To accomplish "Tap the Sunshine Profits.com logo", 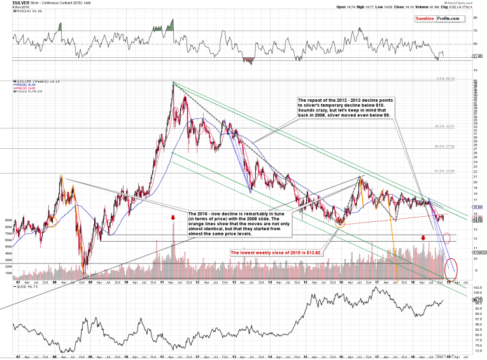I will click(439, 19).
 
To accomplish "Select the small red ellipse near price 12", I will click(447, 239).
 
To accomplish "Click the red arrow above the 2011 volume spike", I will click(173, 219).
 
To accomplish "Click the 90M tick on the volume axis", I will click(9, 220).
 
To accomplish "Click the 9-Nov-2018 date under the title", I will click(12, 8).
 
